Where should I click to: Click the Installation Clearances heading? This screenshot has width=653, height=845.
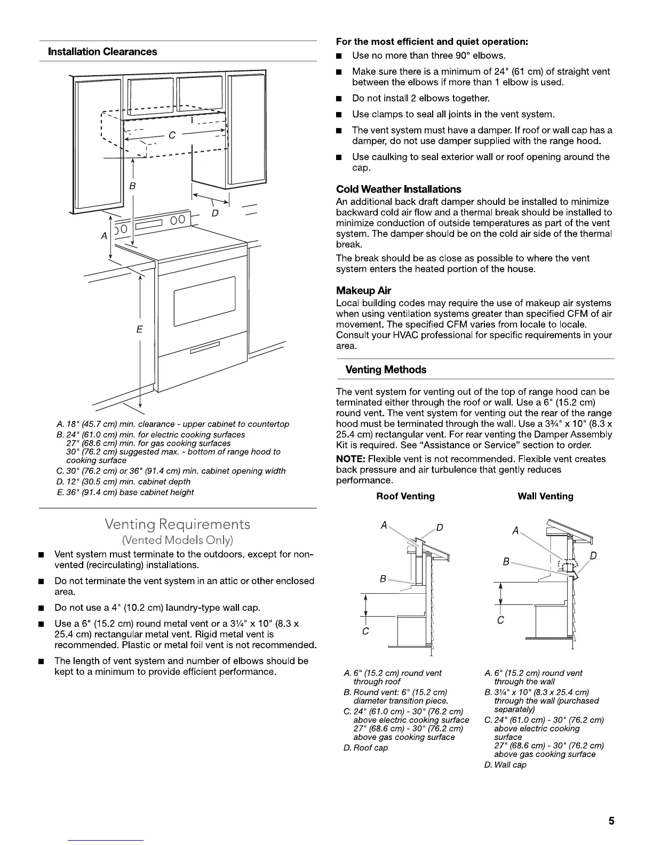point(102,52)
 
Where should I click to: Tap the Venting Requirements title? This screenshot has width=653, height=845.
point(178,524)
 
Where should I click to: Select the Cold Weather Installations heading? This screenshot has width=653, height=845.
point(399,189)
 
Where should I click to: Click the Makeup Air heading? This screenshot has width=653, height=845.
point(363,291)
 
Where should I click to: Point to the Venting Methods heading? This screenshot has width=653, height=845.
point(386,370)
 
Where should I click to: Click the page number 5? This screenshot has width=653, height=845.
point(611,821)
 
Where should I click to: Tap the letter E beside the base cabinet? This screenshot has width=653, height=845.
point(139,329)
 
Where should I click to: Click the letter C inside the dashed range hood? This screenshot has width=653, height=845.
point(172,135)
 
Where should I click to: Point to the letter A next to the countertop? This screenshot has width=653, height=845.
point(104,235)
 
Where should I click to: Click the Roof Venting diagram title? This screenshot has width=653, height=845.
point(405,497)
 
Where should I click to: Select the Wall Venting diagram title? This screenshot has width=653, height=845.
point(545,497)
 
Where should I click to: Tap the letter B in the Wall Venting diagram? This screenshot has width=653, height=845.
point(506,562)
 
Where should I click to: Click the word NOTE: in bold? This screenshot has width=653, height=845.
point(351,459)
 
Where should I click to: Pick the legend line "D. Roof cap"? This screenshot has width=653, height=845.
point(365,748)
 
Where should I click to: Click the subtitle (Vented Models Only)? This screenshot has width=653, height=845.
point(178,540)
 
